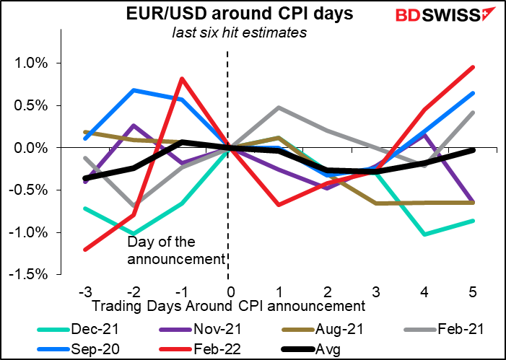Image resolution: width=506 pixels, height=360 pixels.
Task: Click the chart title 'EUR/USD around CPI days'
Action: coord(228,15)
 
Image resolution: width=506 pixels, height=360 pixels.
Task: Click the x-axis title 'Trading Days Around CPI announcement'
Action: coord(228,305)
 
